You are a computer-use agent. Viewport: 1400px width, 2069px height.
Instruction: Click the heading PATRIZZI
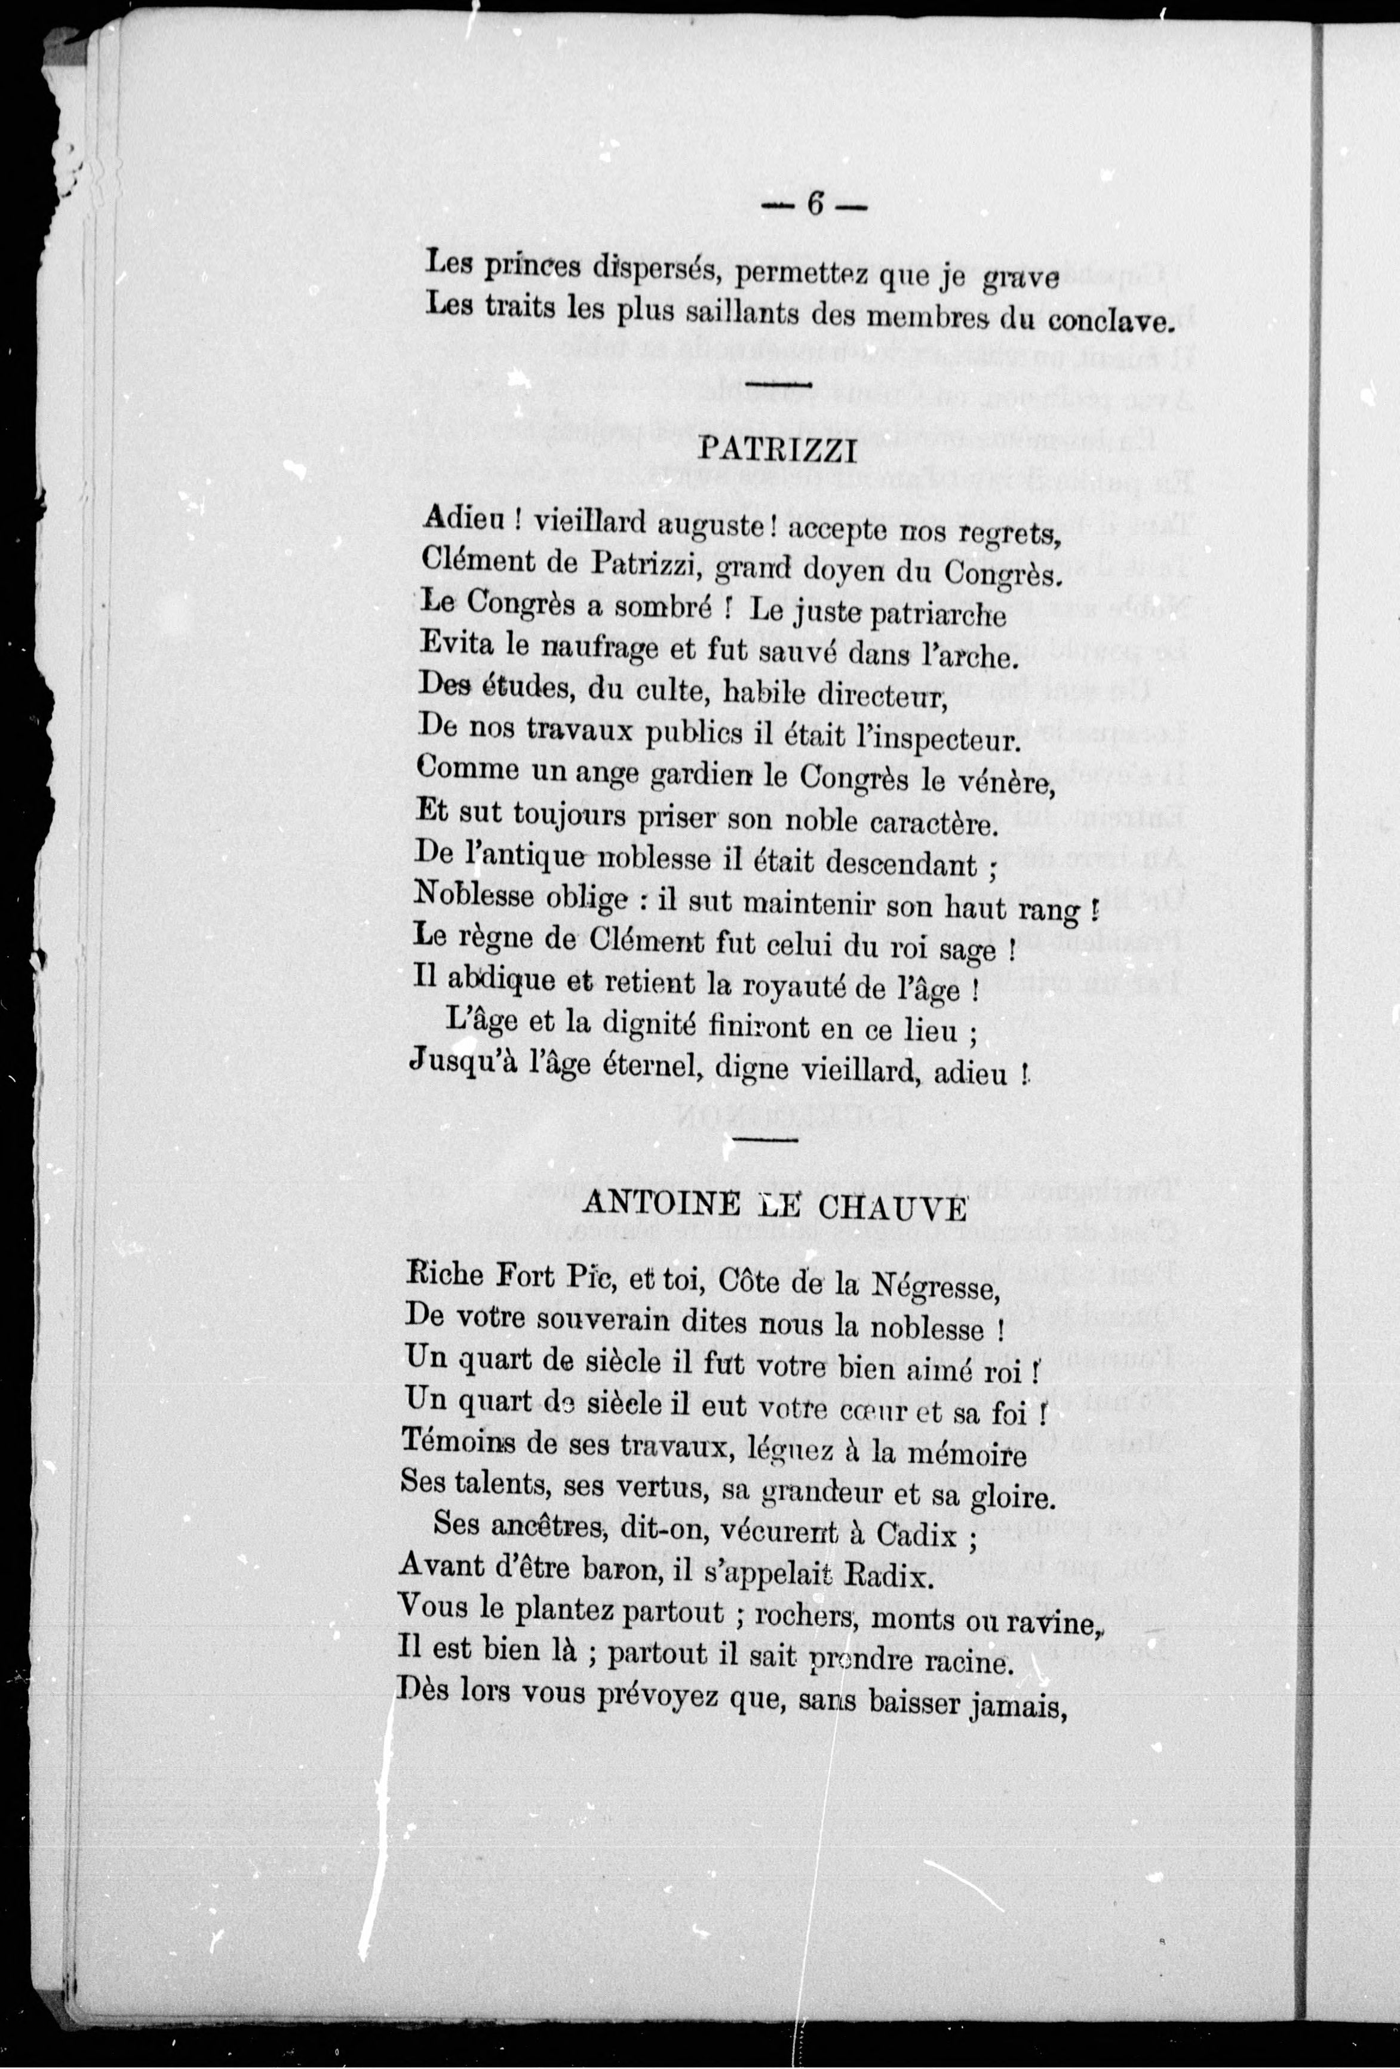click(777, 452)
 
